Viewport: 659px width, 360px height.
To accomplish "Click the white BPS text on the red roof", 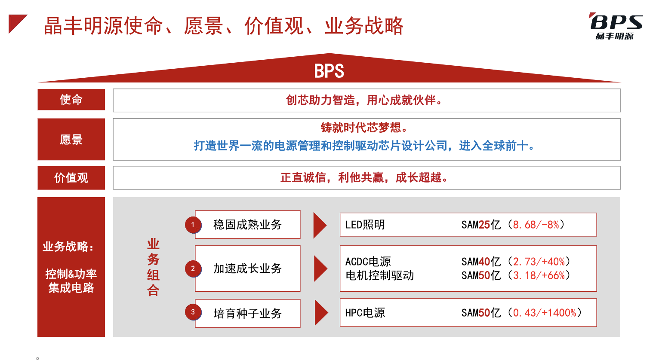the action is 329,71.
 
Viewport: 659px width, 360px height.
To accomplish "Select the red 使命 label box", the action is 71,100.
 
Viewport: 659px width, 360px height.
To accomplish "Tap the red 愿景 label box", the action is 71,139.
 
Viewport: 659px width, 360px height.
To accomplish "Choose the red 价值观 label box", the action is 71,178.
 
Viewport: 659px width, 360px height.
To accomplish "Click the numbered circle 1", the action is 193,225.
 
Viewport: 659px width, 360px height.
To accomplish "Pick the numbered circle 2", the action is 193,268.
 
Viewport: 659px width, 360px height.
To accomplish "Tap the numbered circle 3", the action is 193,312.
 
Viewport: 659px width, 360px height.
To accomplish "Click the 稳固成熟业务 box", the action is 248,225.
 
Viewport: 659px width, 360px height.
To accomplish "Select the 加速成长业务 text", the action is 247,268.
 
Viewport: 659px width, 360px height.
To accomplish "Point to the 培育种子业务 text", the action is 247,314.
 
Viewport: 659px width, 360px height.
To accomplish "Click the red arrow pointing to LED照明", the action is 320,225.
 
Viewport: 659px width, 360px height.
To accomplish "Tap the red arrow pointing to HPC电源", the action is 321,312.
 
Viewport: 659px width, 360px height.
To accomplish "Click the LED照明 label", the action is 365,225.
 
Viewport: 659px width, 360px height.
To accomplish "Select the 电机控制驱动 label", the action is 379,275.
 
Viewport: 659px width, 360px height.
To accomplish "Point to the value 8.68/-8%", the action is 536,225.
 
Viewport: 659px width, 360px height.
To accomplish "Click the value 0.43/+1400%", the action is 544,313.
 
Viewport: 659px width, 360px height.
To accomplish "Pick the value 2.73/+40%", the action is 539,261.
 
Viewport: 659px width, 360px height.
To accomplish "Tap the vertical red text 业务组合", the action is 153,267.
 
